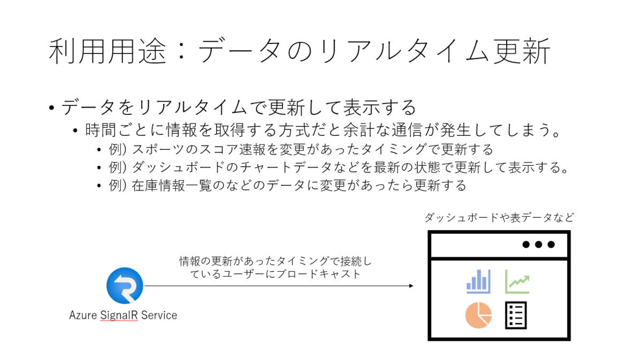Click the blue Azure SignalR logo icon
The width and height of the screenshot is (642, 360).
(x=125, y=286)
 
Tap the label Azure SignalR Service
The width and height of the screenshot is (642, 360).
(x=123, y=315)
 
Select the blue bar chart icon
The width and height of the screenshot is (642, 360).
(x=478, y=281)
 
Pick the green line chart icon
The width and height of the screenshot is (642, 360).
(x=517, y=281)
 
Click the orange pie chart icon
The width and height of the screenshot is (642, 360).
(x=478, y=315)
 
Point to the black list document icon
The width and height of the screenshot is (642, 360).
(x=516, y=315)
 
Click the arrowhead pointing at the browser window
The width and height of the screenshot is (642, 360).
(x=410, y=286)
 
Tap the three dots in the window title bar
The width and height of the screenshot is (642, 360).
(x=538, y=244)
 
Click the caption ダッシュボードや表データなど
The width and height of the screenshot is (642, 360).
(x=499, y=218)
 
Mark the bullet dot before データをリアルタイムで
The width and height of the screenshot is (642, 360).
(x=51, y=109)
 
